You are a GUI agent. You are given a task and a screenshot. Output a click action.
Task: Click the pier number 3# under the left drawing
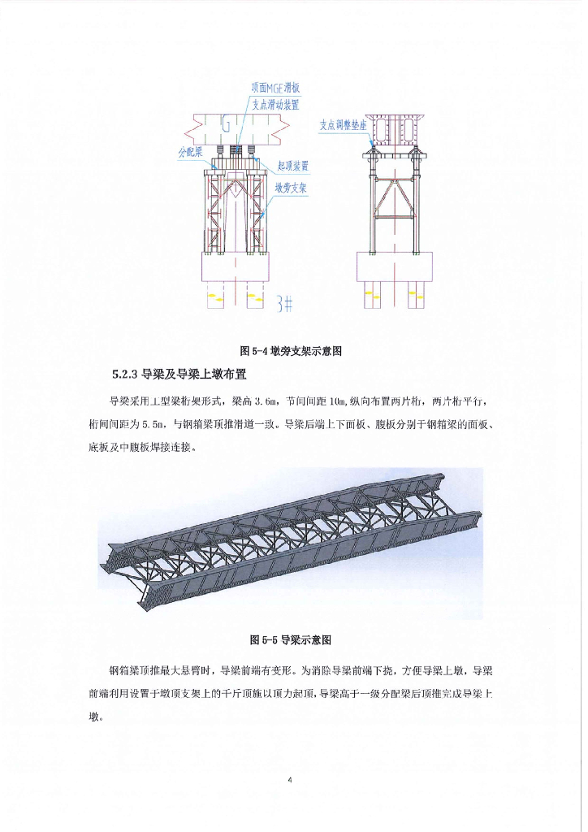point(283,304)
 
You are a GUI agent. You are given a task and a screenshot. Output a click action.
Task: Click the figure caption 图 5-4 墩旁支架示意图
point(290,351)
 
